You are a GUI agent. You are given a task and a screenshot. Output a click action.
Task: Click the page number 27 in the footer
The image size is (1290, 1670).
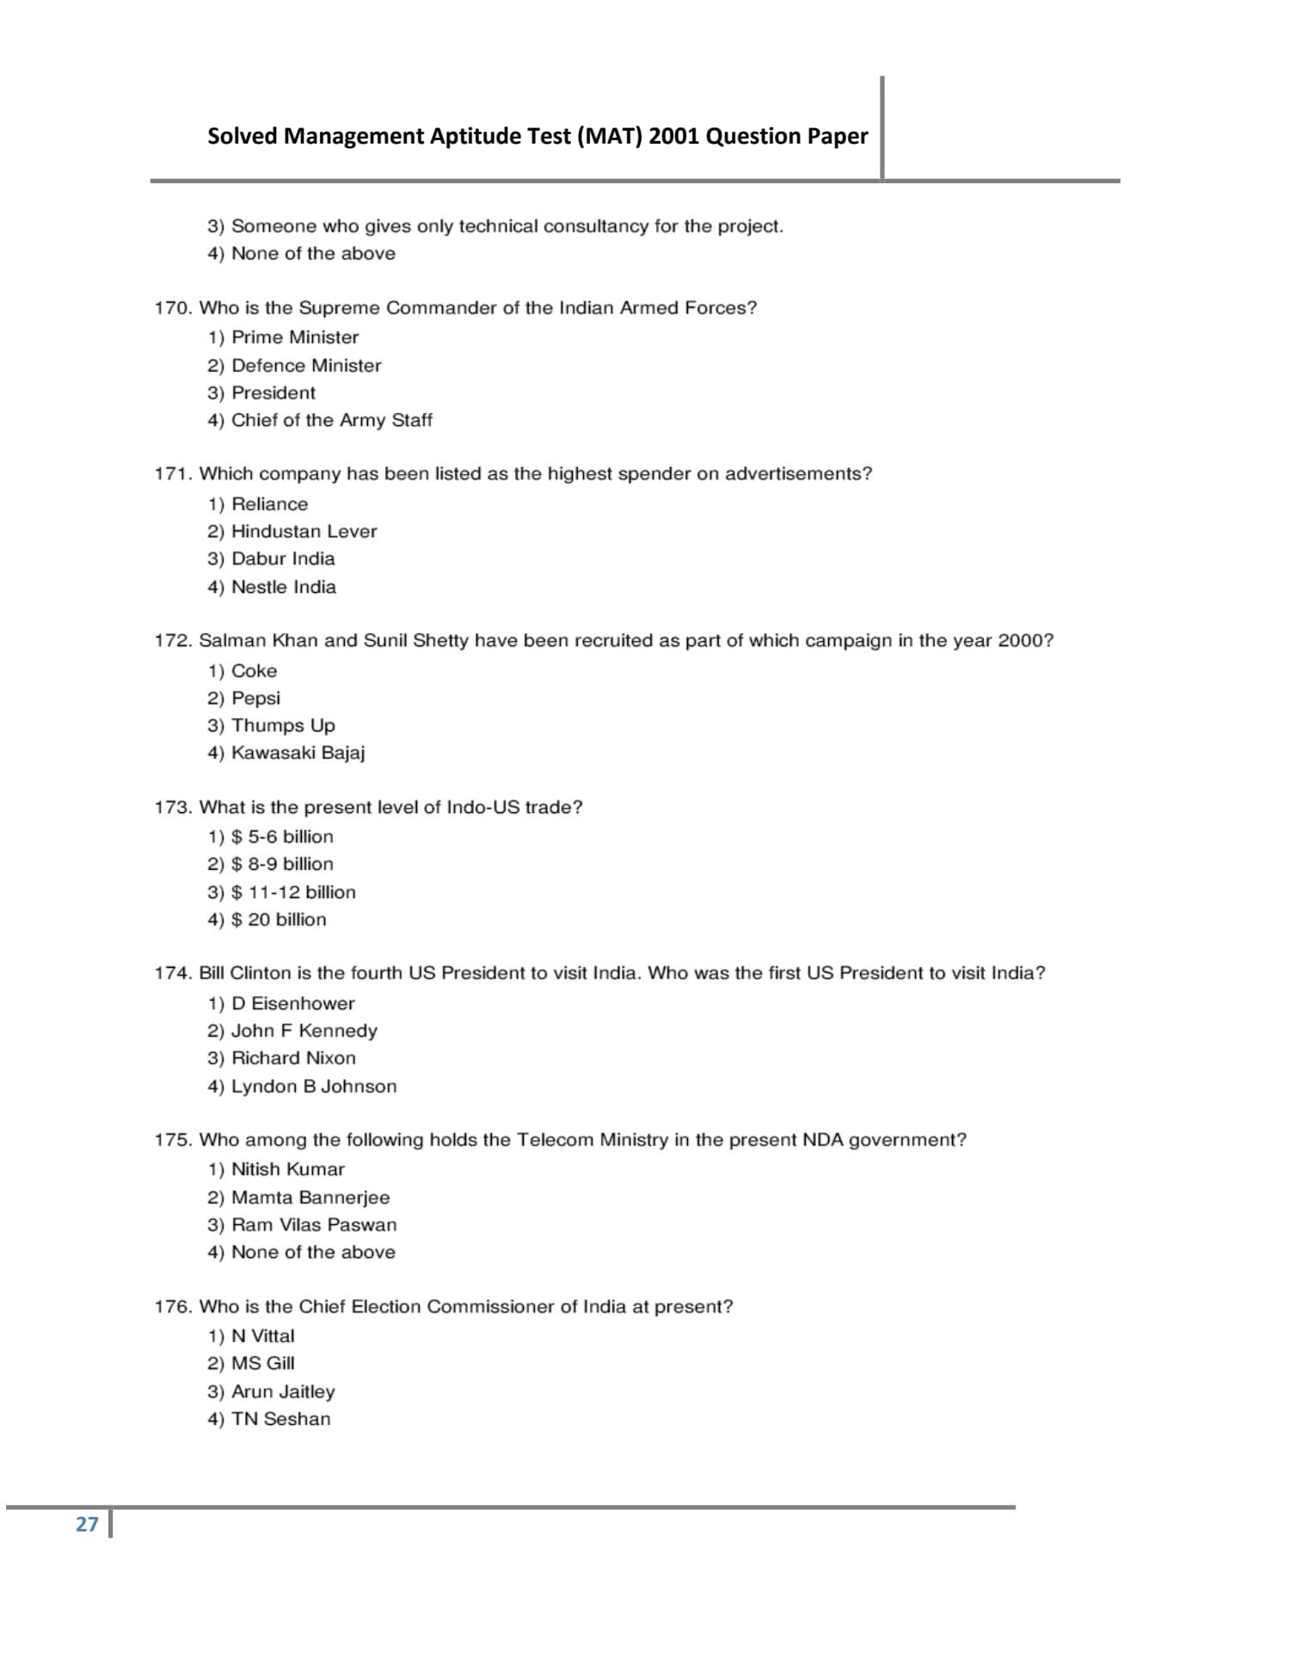coord(87,1524)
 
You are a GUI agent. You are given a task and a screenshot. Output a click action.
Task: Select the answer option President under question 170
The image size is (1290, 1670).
coord(273,393)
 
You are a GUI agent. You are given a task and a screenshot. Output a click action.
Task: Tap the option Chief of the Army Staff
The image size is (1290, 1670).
coord(331,421)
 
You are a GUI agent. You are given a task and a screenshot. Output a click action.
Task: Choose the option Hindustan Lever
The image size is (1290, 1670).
coord(304,532)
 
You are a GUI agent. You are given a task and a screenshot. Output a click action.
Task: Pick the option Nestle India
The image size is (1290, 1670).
coord(283,587)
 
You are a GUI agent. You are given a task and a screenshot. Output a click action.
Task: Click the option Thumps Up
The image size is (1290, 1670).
coord(283,725)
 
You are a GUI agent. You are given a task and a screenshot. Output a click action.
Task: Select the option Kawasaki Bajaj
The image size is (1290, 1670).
coord(298,753)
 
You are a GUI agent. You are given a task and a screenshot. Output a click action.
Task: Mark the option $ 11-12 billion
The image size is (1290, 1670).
coord(292,892)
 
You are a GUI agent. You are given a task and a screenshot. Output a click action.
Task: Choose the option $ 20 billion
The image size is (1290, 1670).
coord(279,920)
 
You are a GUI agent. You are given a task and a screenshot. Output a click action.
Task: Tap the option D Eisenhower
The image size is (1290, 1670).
coord(292,1003)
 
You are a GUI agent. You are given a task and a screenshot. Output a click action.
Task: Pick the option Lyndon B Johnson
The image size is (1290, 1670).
coord(314,1087)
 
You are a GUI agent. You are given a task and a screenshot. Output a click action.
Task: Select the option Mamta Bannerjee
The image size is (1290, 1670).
coord(310,1198)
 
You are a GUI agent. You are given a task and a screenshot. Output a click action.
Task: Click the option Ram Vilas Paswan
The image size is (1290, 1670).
coord(314,1225)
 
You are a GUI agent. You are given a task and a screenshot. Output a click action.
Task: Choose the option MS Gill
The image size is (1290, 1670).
coord(262,1364)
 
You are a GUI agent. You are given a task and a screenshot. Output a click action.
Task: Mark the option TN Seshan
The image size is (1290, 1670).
coord(280,1420)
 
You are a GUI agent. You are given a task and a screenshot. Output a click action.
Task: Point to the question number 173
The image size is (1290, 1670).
coord(172,807)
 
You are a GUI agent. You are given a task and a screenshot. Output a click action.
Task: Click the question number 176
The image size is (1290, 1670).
coord(172,1307)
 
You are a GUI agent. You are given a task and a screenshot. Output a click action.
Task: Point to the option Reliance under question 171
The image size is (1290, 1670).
coord(269,504)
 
